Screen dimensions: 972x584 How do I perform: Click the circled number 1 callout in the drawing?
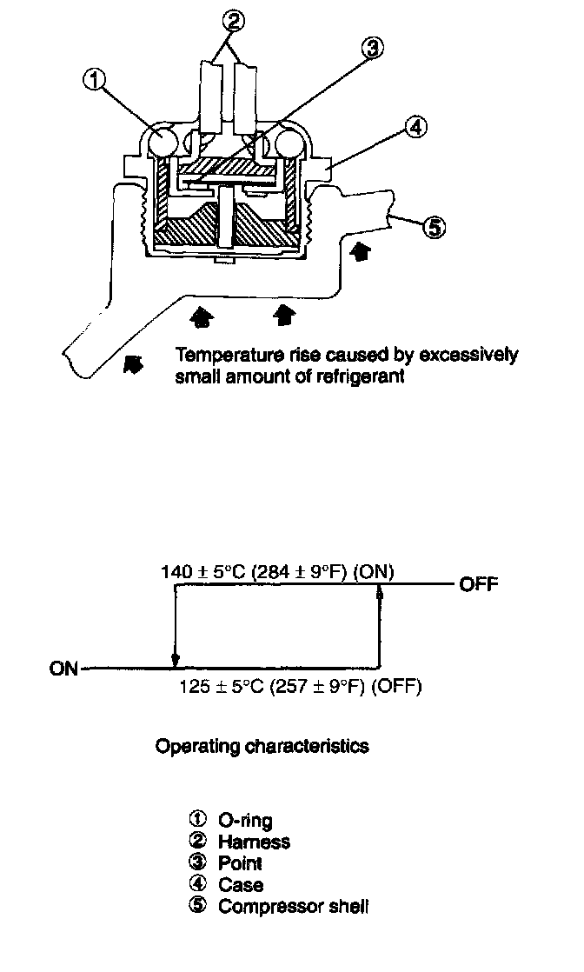pos(95,80)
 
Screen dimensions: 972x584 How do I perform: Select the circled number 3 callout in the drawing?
pos(371,50)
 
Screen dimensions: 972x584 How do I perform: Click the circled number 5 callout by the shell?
pos(434,229)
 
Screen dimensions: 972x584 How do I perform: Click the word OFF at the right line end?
pos(479,583)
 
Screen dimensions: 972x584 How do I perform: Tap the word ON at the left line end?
pos(64,669)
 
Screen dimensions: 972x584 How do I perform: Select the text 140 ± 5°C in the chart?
pos(203,572)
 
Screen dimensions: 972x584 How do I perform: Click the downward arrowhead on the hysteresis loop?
pos(176,660)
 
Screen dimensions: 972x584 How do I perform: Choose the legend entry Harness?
pos(254,842)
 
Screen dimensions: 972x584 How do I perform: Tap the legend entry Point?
pos(240,863)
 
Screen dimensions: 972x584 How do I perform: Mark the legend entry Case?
pos(241,885)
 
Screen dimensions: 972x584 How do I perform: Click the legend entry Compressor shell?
pos(293,907)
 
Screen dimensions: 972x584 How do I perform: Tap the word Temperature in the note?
pos(222,356)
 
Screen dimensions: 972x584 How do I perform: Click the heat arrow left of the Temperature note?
pos(133,364)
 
